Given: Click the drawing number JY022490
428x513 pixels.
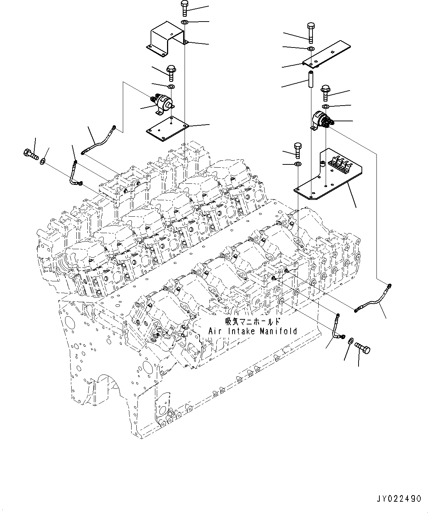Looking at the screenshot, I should click(398, 499).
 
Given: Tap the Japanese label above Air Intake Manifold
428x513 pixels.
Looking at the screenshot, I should click(253, 322).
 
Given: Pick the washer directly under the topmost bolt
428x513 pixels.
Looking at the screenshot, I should click(185, 23).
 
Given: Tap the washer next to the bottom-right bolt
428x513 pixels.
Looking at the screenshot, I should click(350, 341).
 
